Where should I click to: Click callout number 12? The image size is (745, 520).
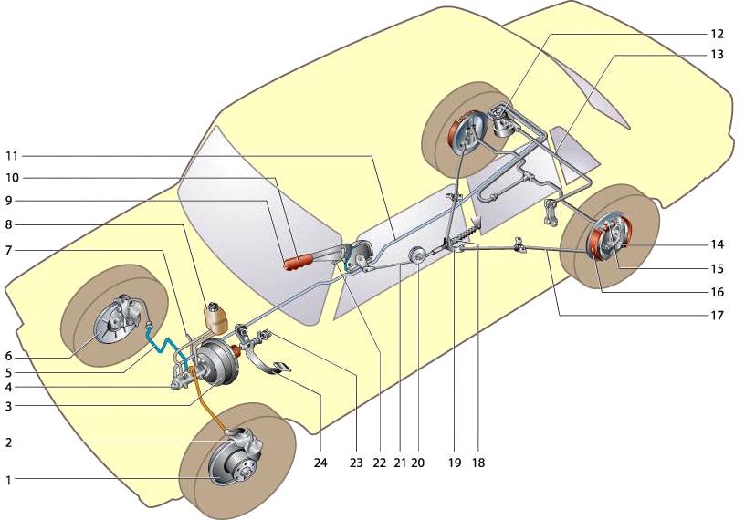tap(716, 33)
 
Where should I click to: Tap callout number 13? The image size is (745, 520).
tap(716, 55)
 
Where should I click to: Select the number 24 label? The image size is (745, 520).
tap(320, 463)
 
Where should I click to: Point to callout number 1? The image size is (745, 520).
tap(8, 479)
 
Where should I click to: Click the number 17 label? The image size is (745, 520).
tap(717, 316)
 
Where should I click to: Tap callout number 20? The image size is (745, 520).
tap(419, 463)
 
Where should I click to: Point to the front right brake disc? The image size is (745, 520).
tap(228, 462)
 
